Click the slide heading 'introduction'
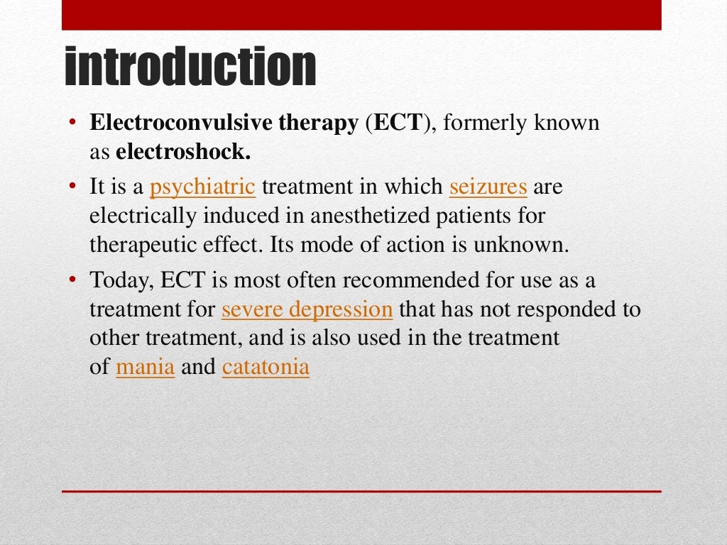(x=190, y=67)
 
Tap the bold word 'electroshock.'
(x=184, y=152)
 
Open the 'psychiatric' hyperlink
(x=202, y=187)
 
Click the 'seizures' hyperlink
(x=488, y=187)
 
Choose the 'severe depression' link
(x=307, y=309)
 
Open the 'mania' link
(x=145, y=367)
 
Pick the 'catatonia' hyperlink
(x=266, y=367)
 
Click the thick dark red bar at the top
(x=361, y=15)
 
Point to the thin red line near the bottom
(x=361, y=491)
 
